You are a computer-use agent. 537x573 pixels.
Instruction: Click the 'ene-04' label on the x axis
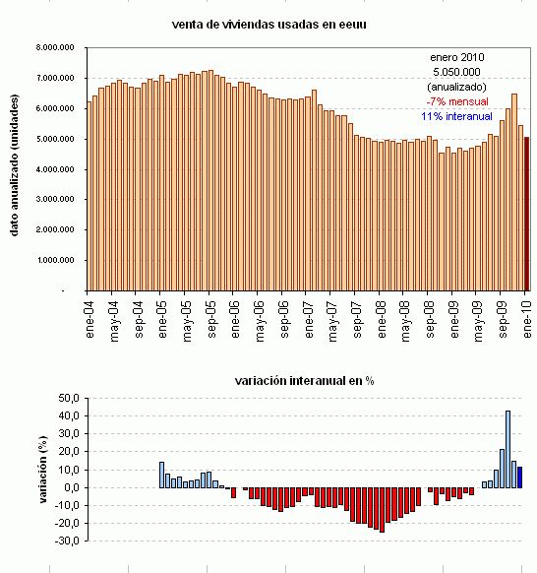pyautogui.click(x=90, y=319)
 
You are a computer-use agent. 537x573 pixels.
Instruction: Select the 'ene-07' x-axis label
pyautogui.click(x=309, y=319)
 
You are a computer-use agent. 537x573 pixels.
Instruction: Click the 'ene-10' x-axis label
pyautogui.click(x=528, y=319)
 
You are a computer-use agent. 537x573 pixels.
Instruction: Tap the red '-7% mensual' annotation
pyautogui.click(x=455, y=101)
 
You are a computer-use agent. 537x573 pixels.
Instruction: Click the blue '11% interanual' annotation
pyautogui.click(x=455, y=116)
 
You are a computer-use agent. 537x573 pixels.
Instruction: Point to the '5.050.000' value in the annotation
pyautogui.click(x=455, y=72)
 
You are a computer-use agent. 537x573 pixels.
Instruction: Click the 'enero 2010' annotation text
pyautogui.click(x=455, y=57)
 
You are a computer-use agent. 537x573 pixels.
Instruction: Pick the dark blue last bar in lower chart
pyautogui.click(x=520, y=477)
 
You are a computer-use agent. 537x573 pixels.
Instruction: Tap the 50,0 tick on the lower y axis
pyautogui.click(x=69, y=398)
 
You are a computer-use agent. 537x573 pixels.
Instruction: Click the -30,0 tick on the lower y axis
pyautogui.click(x=67, y=541)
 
